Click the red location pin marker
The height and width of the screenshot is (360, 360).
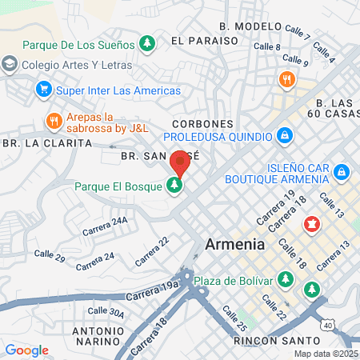click(179, 163)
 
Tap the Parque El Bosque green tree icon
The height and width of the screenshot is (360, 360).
click(174, 186)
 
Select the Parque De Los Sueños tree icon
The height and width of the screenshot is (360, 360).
click(146, 42)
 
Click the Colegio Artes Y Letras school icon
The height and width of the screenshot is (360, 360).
click(10, 64)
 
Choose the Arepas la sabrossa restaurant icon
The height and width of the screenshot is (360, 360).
click(54, 122)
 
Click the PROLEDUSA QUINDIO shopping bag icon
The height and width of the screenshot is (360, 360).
click(283, 136)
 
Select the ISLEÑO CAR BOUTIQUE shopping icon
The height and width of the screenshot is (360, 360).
click(342, 171)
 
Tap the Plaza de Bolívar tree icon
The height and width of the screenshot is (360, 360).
click(287, 280)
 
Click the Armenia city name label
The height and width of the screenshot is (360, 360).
click(234, 244)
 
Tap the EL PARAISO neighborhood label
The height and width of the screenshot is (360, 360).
click(205, 39)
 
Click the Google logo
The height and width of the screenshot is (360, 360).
click(26, 350)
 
